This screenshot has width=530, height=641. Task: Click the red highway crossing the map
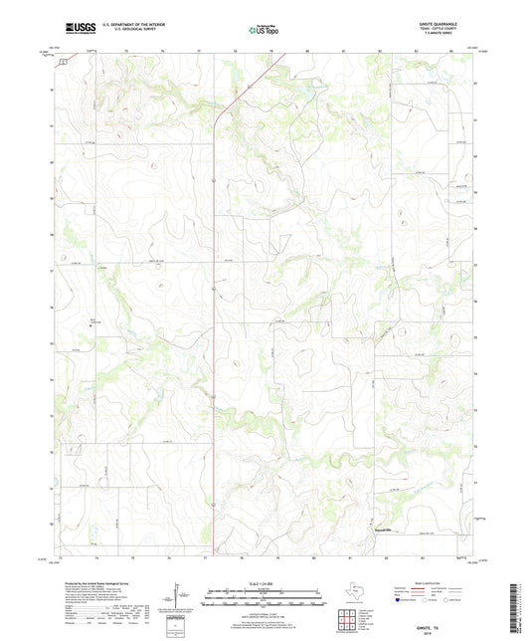coord(214,299)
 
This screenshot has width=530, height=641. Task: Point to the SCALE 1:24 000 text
coord(265,583)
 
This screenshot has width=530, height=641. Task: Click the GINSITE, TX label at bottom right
coord(444,615)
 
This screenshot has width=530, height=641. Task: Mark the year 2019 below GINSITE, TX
coord(444,622)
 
